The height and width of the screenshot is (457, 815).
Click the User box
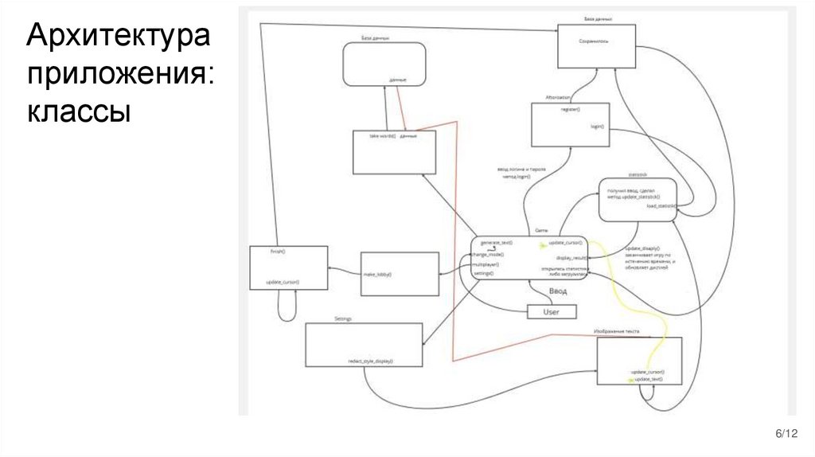(551, 312)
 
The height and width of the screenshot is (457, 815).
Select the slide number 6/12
(786, 432)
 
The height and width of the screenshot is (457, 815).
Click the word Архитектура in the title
(119, 37)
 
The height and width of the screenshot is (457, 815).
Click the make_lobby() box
(400, 274)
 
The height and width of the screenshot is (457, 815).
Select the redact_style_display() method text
(371, 361)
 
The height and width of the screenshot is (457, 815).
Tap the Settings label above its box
(343, 318)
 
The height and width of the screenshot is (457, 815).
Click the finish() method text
(278, 251)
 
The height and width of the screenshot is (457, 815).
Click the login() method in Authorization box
(598, 126)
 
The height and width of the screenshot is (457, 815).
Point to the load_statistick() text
(661, 205)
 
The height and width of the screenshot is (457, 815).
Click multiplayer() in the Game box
(487, 263)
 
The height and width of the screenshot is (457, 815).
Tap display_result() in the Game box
(571, 258)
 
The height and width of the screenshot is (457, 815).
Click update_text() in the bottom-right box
(648, 379)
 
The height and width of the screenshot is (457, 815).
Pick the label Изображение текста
(616, 330)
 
